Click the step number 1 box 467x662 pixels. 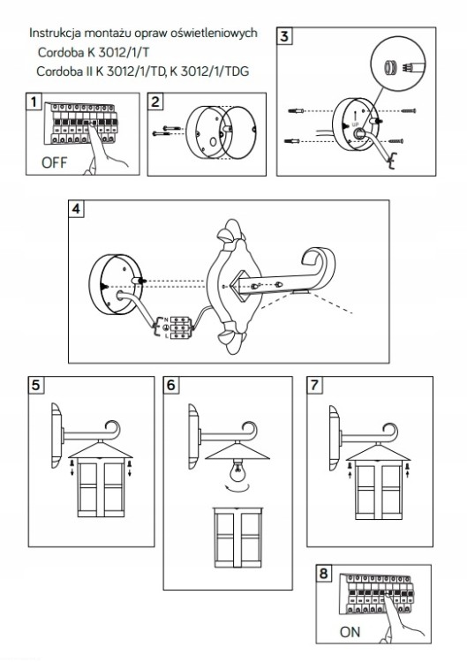pyautogui.click(x=34, y=102)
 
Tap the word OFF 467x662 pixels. pyautogui.click(x=54, y=162)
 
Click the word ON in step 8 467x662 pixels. pyautogui.click(x=350, y=632)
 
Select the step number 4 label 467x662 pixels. pyautogui.click(x=76, y=208)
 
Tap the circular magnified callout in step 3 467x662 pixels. pyautogui.click(x=398, y=64)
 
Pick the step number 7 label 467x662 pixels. pyautogui.click(x=314, y=385)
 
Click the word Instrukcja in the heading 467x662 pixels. pyautogui.click(x=55, y=33)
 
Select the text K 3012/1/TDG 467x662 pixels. pyautogui.click(x=209, y=71)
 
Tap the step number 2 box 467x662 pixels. pyautogui.click(x=155, y=102)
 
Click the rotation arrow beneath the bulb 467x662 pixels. pyautogui.click(x=238, y=488)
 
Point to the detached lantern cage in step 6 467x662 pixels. pyautogui.click(x=238, y=538)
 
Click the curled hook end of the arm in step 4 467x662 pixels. pyautogui.click(x=320, y=266)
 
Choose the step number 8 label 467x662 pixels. pyautogui.click(x=323, y=573)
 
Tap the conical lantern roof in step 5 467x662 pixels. pyautogui.click(x=101, y=449)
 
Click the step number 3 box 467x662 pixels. pyautogui.click(x=284, y=36)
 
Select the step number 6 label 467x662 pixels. pyautogui.click(x=171, y=385)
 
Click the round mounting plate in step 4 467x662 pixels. pyautogui.click(x=115, y=285)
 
